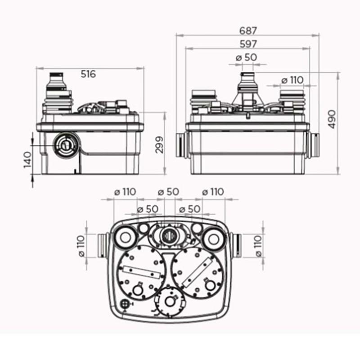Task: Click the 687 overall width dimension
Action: [248, 31]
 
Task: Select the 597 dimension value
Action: [248, 44]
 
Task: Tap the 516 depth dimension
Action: [88, 74]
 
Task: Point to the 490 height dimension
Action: [332, 119]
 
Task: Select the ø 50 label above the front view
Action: [246, 58]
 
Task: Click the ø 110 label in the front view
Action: [292, 80]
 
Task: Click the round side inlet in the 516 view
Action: [63, 144]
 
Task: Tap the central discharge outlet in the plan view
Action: [169, 234]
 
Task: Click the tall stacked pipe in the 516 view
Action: [58, 92]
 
